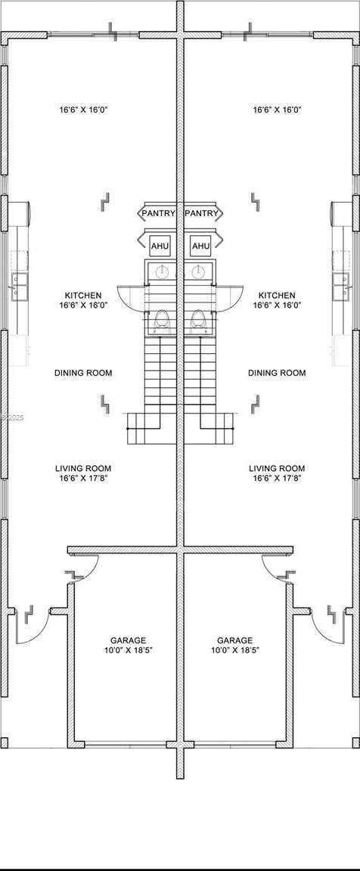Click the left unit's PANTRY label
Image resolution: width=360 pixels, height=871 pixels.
(x=158, y=213)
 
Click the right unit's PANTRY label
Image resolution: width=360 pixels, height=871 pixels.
(x=201, y=213)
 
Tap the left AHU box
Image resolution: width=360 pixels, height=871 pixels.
(x=160, y=246)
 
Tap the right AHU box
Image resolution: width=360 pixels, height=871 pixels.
(x=200, y=246)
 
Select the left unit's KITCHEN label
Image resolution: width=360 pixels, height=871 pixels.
(x=83, y=296)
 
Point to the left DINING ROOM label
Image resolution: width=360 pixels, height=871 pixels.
(x=83, y=373)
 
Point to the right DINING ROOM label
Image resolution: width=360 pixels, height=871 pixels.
(x=277, y=373)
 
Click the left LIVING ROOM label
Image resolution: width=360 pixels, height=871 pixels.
(x=83, y=468)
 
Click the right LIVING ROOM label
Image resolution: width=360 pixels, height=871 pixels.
(x=277, y=468)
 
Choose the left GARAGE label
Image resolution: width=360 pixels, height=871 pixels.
(x=128, y=640)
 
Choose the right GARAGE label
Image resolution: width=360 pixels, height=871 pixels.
(x=234, y=640)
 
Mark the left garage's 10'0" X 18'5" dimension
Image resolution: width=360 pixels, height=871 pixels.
(x=128, y=650)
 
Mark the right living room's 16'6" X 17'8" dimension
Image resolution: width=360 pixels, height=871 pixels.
(x=277, y=478)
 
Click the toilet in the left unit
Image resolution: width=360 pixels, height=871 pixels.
(x=162, y=321)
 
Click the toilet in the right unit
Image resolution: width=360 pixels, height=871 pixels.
(x=197, y=321)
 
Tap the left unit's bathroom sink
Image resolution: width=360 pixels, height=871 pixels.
(x=162, y=272)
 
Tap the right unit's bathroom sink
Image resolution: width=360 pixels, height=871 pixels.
(x=197, y=272)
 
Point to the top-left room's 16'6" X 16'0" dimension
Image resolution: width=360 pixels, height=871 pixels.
(x=83, y=110)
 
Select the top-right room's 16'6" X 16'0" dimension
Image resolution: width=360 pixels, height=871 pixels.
(x=277, y=110)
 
